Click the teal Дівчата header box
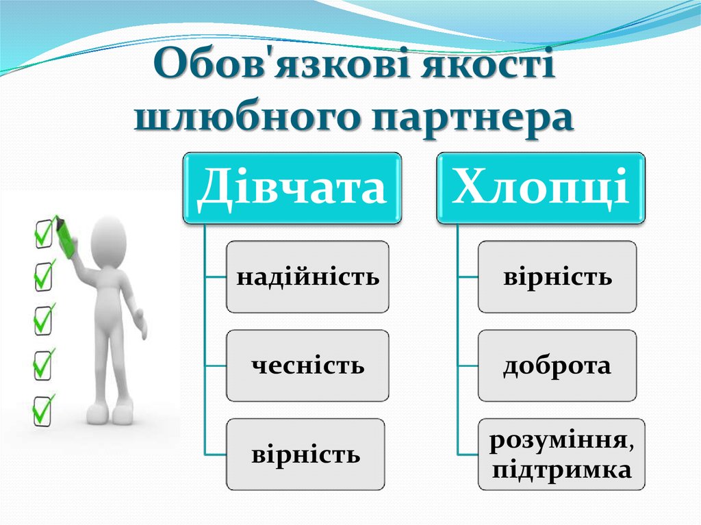[x=292, y=188]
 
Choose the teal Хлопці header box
[x=541, y=188]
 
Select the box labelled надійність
[x=307, y=277]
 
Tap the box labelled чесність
[x=307, y=366]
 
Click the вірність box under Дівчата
[x=307, y=454]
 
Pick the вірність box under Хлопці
[x=557, y=277]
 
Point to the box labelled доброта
[x=557, y=366]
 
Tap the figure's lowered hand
[x=140, y=325]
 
